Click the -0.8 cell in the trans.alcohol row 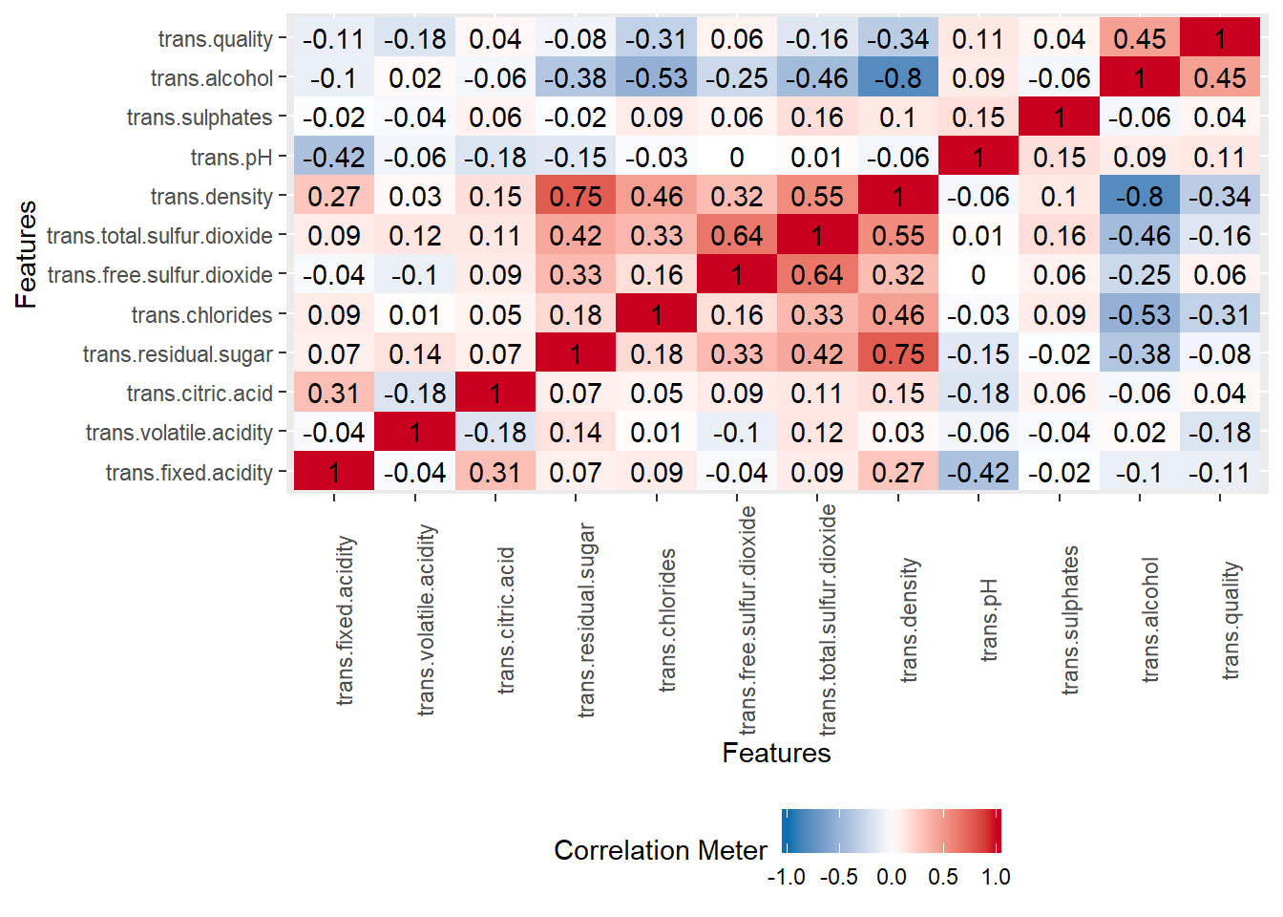[x=897, y=78]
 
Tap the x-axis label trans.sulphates [x=1070, y=620]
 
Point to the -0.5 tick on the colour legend [x=838, y=877]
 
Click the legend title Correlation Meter [x=660, y=850]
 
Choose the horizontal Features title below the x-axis [x=776, y=753]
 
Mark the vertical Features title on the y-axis [x=26, y=254]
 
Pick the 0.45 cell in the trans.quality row [x=1140, y=39]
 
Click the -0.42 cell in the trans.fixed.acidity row [x=978, y=473]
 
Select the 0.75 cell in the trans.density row [x=576, y=197]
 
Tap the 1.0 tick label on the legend [x=996, y=877]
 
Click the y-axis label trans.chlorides [x=201, y=315]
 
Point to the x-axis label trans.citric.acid [x=506, y=620]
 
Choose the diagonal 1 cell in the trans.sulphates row [x=1060, y=117]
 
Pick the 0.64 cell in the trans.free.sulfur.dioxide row [x=817, y=275]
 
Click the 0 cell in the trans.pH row [x=737, y=158]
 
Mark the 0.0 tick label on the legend [x=891, y=877]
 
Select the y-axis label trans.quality [x=215, y=39]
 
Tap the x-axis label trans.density [x=909, y=620]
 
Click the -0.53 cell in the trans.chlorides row [x=1140, y=315]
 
